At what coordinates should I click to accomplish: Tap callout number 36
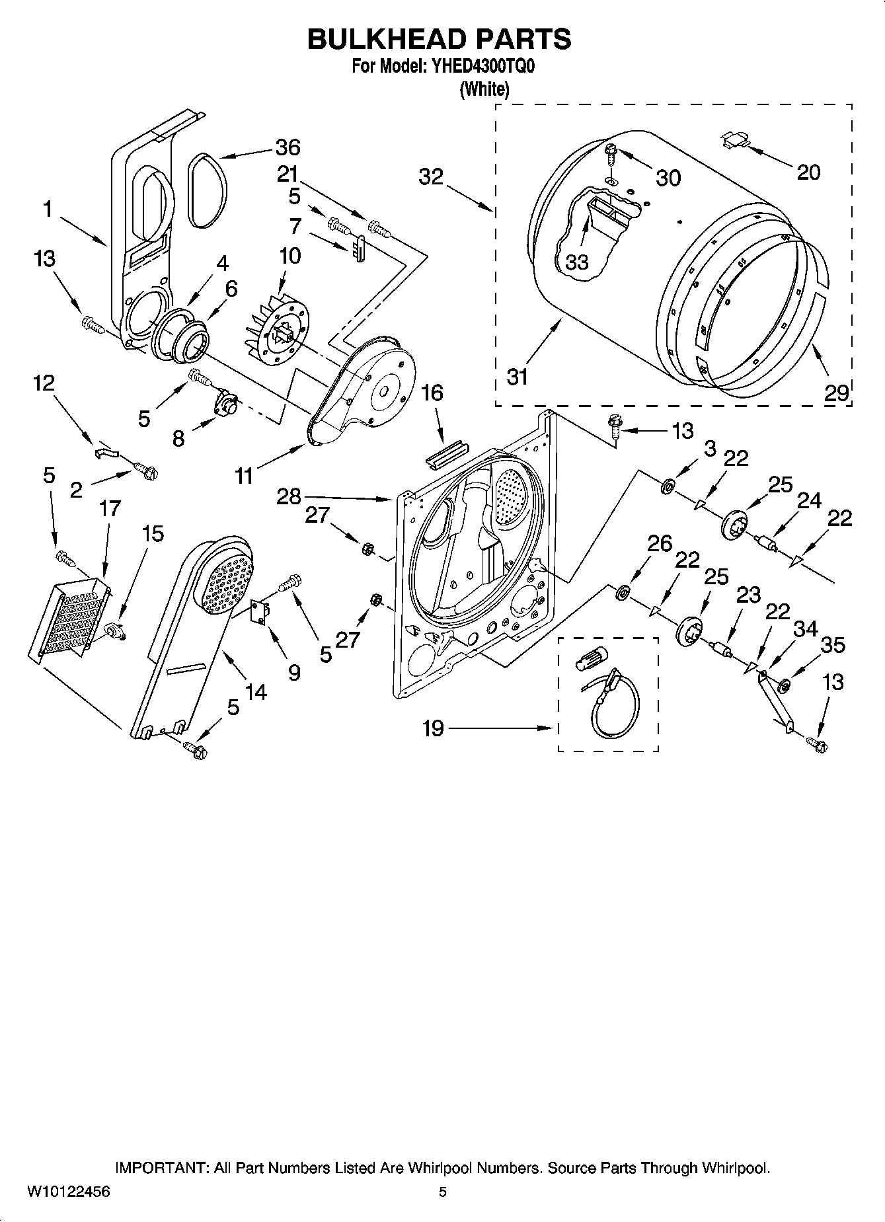[x=288, y=147]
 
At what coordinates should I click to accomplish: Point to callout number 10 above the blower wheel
[x=289, y=256]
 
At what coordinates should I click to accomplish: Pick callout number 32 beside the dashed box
[x=431, y=177]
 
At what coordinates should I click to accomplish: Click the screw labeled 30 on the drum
[x=609, y=153]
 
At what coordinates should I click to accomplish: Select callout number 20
[x=808, y=172]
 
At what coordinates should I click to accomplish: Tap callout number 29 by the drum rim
[x=836, y=393]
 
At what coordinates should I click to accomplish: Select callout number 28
[x=289, y=496]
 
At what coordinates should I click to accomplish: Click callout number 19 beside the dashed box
[x=433, y=729]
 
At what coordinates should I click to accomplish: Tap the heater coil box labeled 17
[x=69, y=618]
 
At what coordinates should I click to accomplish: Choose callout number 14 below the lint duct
[x=255, y=692]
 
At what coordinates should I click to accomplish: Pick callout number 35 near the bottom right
[x=832, y=645]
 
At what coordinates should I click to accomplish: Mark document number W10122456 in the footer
[x=69, y=1193]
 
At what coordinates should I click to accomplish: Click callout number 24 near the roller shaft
[x=810, y=502]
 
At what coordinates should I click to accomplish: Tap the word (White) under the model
[x=484, y=89]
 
